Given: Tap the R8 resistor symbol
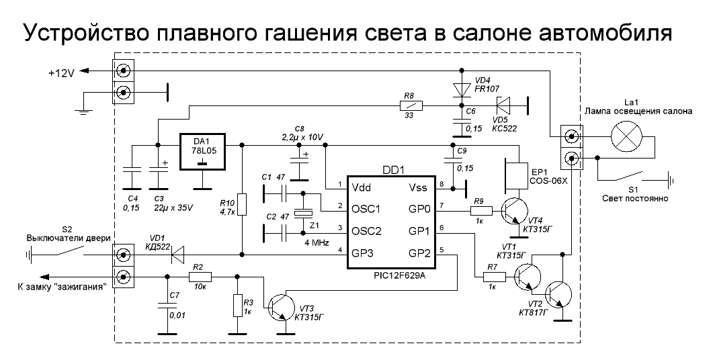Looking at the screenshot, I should tap(411, 105).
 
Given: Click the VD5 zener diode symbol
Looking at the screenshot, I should tap(503, 105).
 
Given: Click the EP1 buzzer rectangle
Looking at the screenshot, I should tap(518, 174).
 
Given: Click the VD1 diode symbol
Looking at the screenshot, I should tap(178, 255).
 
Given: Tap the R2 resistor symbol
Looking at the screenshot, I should tap(200, 276).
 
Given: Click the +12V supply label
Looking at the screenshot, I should tap(62, 72).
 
